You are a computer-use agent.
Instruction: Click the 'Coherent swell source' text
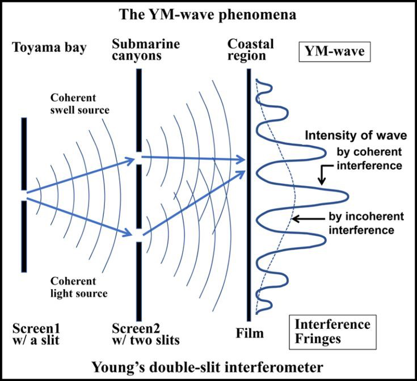pyautogui.click(x=79, y=103)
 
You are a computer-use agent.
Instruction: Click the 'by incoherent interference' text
pyautogui.click(x=361, y=223)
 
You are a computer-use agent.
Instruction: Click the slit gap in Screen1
pyautogui.click(x=23, y=195)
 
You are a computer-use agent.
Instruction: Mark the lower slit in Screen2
pyautogui.click(x=138, y=234)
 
